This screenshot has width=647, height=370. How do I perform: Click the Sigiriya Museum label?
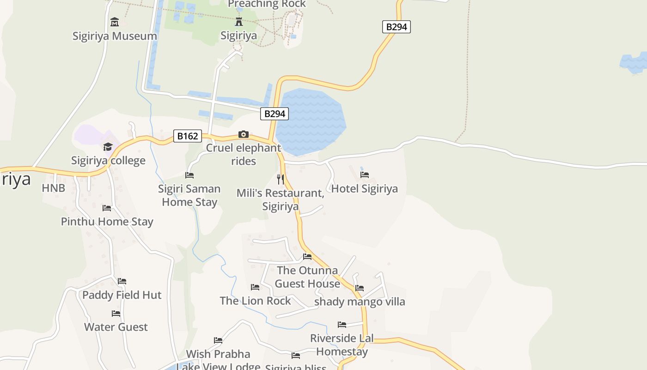pos(115,36)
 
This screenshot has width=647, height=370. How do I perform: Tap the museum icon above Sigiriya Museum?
pos(115,22)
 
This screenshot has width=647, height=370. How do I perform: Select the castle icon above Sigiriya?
pos(238,21)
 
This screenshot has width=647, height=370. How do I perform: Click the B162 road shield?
pos(188,136)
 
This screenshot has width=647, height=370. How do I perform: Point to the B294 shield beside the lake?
pos(275,114)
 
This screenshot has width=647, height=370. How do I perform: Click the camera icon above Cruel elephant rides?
pos(243,135)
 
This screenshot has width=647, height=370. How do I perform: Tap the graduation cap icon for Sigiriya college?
pos(108,147)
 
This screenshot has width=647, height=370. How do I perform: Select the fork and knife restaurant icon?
pos(281,179)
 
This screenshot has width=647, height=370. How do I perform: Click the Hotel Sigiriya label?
pos(364,189)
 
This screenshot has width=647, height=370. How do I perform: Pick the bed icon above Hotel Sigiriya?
pos(365,175)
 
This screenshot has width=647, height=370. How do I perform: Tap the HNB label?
pos(54,188)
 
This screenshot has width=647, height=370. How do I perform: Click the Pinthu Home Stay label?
pos(107,222)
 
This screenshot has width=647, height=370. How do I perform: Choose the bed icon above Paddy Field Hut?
pos(122,281)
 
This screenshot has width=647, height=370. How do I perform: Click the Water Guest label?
pos(116,327)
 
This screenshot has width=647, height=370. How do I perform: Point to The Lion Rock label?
pos(255,301)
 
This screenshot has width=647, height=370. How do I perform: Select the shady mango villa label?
pos(360,302)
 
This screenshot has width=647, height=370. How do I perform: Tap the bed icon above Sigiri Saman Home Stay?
pos(189,175)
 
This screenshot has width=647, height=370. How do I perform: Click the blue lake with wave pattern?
pos(311,121)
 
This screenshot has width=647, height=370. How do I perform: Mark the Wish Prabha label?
pos(218,354)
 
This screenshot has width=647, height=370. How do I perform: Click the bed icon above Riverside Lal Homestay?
pos(342,325)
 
